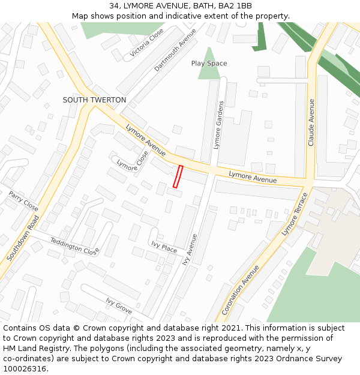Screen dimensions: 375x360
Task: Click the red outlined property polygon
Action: tap(178, 176)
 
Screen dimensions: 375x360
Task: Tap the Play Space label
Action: tap(209, 64)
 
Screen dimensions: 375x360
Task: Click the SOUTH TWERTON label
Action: tap(94, 100)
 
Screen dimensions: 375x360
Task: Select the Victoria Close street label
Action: tap(147, 43)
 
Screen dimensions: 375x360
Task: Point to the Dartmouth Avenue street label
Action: tap(175, 50)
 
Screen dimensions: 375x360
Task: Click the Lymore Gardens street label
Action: tap(218, 125)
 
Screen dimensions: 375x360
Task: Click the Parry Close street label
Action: tap(23, 201)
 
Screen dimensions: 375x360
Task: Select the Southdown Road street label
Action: tap(23, 238)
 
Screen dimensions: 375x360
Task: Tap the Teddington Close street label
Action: tap(74, 245)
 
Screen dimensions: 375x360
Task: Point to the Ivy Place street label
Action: tap(164, 247)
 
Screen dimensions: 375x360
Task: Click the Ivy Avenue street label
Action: tap(190, 249)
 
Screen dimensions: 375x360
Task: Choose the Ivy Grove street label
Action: tap(119, 305)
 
